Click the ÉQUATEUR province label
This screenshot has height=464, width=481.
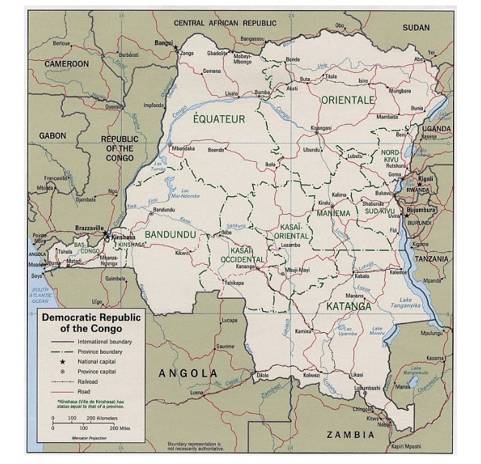218,120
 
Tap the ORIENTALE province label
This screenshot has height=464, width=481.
347,100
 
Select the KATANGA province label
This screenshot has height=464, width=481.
349,307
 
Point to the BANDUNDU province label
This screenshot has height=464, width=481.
170,235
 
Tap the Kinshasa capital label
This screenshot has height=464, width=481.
124,237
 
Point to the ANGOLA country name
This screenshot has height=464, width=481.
188,373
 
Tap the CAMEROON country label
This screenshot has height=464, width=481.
67,64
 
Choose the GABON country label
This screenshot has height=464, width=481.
52,136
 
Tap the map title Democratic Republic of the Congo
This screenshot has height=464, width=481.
91,323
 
